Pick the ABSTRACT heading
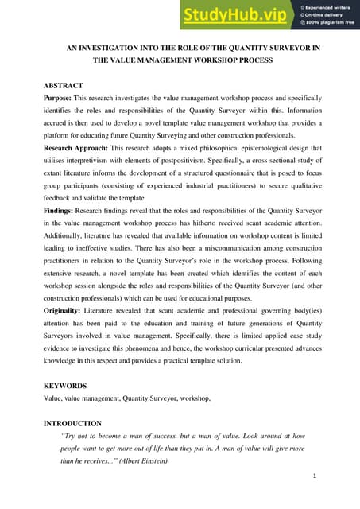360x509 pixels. click(63, 84)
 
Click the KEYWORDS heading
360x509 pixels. click(64, 386)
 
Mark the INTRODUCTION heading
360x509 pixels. click(72, 423)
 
